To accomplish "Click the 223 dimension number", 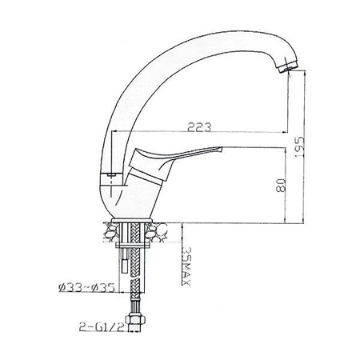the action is (x=199, y=127).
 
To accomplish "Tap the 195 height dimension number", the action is (x=299, y=147).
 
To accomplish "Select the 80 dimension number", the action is (x=281, y=185).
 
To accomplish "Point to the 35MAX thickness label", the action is (x=186, y=266).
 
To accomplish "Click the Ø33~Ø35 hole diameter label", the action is (x=86, y=287).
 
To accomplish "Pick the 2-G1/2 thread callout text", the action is (x=102, y=326).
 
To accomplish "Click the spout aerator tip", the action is (x=287, y=66).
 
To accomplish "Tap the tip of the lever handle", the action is (x=222, y=149).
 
